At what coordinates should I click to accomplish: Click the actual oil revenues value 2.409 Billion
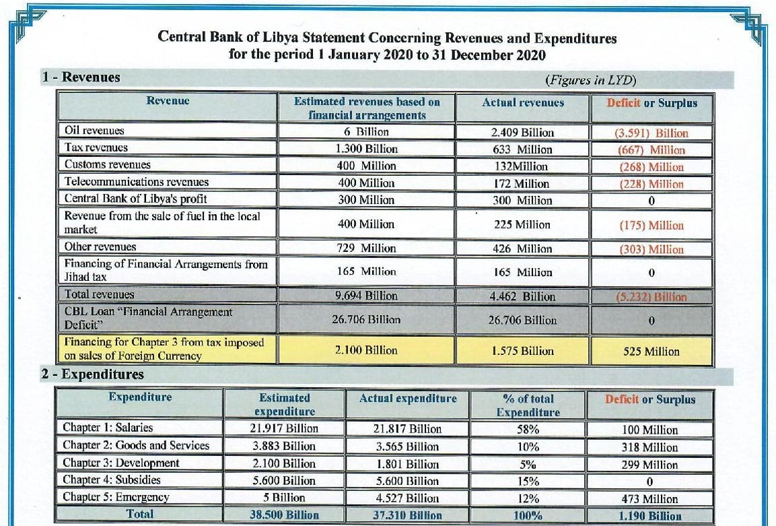(x=522, y=132)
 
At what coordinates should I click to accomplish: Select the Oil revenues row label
(x=94, y=130)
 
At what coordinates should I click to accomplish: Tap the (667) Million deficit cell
(x=651, y=150)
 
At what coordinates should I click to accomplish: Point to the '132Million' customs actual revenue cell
(x=521, y=166)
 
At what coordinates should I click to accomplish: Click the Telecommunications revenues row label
(x=137, y=181)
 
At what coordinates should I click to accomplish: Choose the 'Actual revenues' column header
(x=523, y=102)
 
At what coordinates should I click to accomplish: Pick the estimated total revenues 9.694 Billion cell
(x=366, y=296)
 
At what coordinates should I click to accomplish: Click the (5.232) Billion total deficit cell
(x=651, y=297)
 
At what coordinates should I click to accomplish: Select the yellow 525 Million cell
(x=651, y=351)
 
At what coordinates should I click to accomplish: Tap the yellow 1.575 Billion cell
(x=523, y=351)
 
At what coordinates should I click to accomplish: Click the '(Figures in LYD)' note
(x=590, y=80)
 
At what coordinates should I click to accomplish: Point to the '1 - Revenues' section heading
(x=81, y=77)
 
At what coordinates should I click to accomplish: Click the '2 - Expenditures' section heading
(x=93, y=374)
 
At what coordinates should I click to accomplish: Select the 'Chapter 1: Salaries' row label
(x=108, y=427)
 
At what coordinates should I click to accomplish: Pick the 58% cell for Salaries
(x=528, y=429)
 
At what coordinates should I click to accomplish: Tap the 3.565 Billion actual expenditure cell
(x=407, y=447)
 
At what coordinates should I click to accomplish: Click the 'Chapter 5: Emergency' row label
(x=116, y=496)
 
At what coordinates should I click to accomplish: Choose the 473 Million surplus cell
(x=649, y=498)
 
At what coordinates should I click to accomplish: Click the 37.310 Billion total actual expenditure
(x=407, y=515)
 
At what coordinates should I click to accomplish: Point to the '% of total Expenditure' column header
(x=528, y=405)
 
